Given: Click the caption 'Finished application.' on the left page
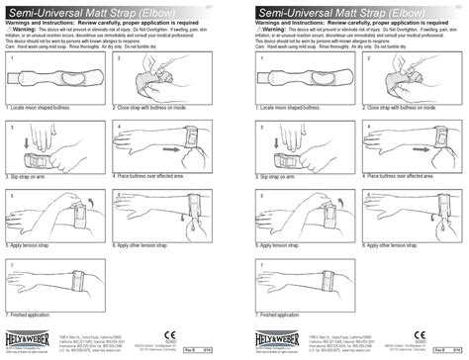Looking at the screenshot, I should [x=36, y=313].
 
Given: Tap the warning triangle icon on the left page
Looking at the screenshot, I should [x=10, y=30].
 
